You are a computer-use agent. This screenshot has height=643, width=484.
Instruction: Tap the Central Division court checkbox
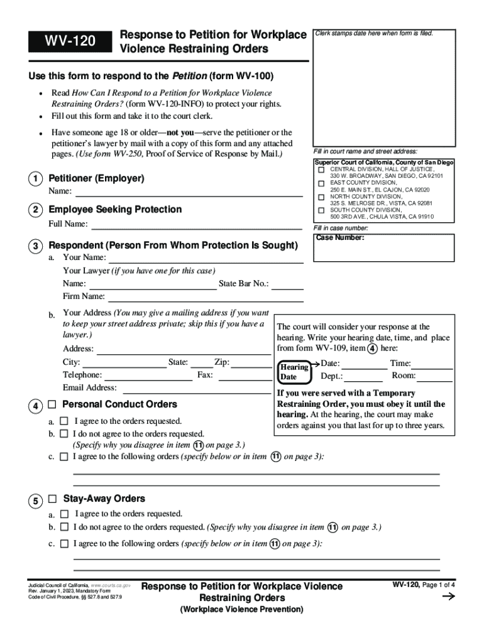[x=321, y=170]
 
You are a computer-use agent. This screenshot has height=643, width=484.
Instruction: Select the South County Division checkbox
[x=321, y=210]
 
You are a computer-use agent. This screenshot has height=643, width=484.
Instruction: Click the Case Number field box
[x=384, y=247]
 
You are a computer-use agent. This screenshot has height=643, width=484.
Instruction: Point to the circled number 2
[x=35, y=210]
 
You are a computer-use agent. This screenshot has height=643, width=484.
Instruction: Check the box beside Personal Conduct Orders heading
[x=52, y=404]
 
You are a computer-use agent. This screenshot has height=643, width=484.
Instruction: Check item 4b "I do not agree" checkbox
[x=63, y=434]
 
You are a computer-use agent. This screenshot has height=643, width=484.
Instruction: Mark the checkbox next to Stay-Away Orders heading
[x=52, y=499]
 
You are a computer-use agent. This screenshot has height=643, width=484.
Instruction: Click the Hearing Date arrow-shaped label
[x=294, y=372]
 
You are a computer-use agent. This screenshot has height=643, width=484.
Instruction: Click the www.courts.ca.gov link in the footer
[x=111, y=585]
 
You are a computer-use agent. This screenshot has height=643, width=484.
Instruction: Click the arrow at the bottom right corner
[x=449, y=598]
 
